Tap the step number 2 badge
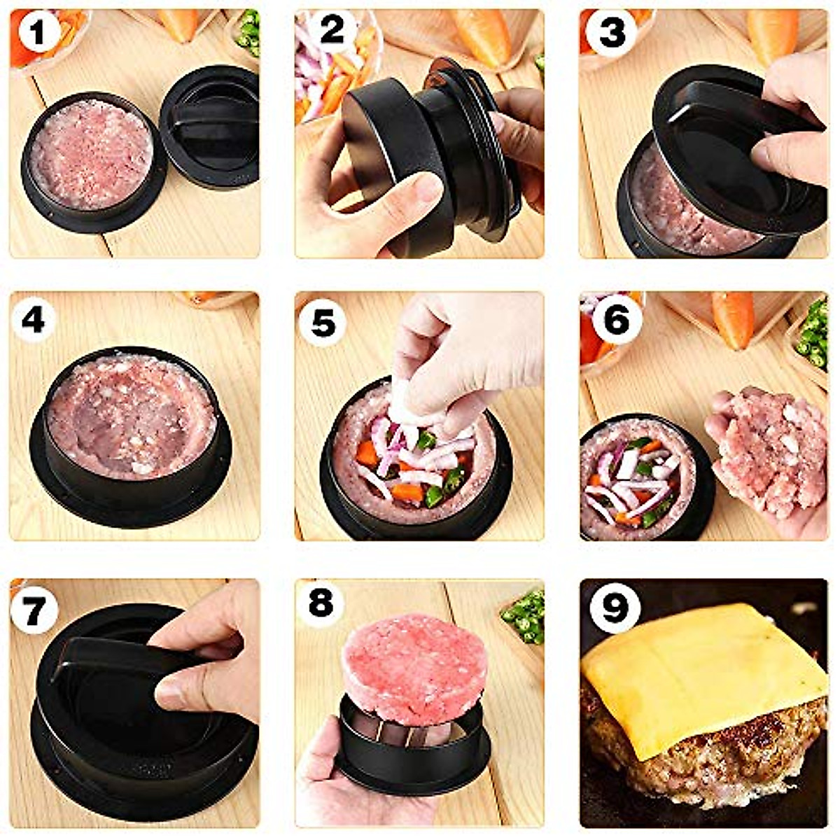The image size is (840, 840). tap(332, 31)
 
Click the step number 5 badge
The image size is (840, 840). tap(323, 323)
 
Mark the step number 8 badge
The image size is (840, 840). tap(321, 603)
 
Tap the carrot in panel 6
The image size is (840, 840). tap(733, 318)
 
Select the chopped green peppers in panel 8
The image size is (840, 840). tap(525, 616)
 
